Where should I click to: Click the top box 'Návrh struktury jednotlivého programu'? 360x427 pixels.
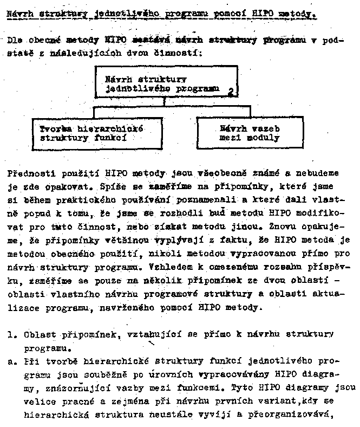[x=166, y=82]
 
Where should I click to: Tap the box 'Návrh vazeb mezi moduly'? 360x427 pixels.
[x=250, y=133]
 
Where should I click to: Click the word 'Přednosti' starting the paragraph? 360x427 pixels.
[x=30, y=174]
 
